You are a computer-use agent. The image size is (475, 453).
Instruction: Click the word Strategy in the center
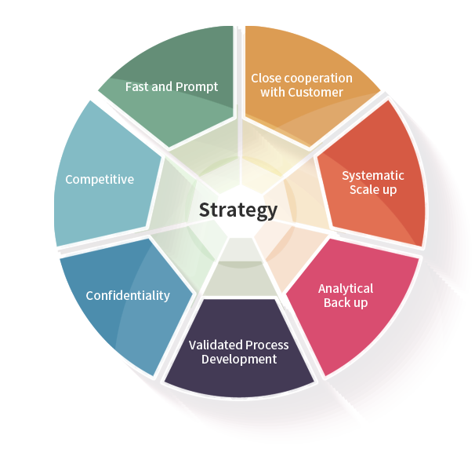(237, 210)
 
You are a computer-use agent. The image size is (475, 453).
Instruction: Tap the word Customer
(317, 93)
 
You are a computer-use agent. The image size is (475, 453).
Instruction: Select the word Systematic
(373, 175)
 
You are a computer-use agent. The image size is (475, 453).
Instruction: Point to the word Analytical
(346, 289)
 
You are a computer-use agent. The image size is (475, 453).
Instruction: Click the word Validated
(216, 345)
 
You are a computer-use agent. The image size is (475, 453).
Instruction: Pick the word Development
(239, 360)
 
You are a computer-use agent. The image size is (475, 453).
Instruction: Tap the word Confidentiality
(128, 296)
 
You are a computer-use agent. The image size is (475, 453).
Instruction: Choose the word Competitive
(100, 180)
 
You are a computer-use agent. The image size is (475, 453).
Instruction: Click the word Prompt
(197, 86)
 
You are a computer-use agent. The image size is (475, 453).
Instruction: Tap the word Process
(267, 345)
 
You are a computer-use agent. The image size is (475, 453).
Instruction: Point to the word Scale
(361, 190)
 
